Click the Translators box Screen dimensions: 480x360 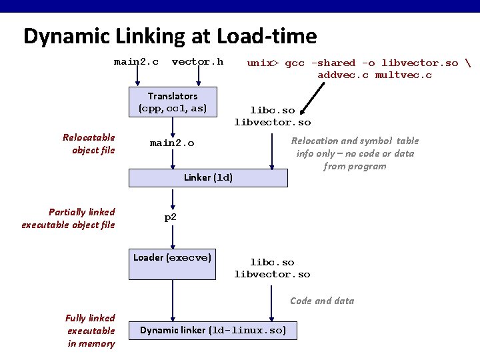click(x=173, y=102)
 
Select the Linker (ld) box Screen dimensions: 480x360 click(x=208, y=178)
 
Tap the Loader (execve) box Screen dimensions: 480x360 click(x=172, y=264)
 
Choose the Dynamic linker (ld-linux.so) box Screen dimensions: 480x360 click(x=213, y=330)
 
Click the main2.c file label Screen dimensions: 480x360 click(x=136, y=62)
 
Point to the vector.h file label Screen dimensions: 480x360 click(x=197, y=62)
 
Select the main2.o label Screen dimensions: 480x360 click(x=172, y=143)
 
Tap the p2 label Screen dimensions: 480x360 click(x=170, y=217)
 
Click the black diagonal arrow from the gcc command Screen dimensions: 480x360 click(x=312, y=99)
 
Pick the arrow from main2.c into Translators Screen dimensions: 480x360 click(x=137, y=76)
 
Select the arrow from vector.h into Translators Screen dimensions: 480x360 click(x=199, y=76)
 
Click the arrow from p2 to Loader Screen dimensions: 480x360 click(x=173, y=237)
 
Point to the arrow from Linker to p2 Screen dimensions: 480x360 click(x=173, y=199)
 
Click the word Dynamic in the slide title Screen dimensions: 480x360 click(x=67, y=37)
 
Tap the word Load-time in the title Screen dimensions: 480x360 click(x=266, y=36)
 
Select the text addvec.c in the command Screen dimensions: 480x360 click(x=343, y=75)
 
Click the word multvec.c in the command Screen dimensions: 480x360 click(x=403, y=75)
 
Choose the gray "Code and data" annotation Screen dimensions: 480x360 click(x=322, y=301)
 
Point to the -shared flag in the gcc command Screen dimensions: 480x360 click(x=333, y=63)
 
